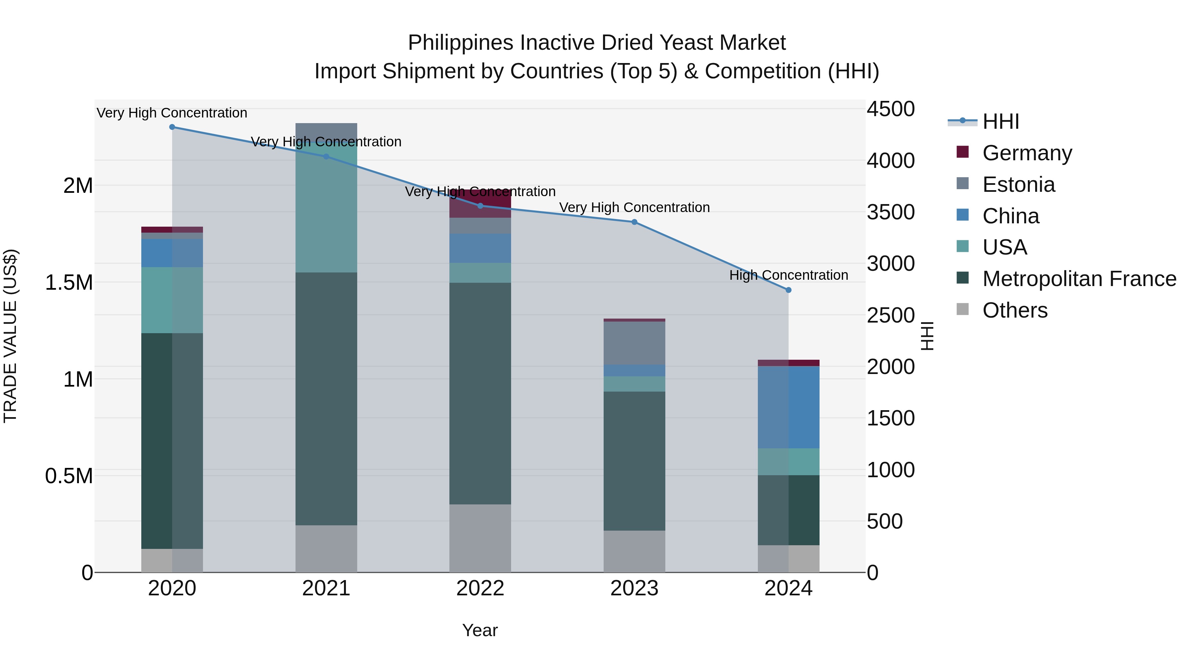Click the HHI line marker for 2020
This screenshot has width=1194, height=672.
[x=172, y=127]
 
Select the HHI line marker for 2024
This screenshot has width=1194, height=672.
[x=788, y=290]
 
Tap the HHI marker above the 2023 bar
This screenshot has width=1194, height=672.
[x=634, y=222]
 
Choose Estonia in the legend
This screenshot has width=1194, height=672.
[x=1018, y=185]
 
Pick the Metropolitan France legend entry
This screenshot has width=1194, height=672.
[x=1079, y=279]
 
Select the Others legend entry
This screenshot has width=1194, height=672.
[x=1015, y=310]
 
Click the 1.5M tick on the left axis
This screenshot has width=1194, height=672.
[x=69, y=282]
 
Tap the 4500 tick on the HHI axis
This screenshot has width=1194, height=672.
[x=891, y=110]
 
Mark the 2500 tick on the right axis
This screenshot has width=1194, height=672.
[x=891, y=315]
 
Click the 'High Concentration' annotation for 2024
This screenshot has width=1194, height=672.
[x=788, y=275]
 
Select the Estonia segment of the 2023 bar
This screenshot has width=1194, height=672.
[x=634, y=343]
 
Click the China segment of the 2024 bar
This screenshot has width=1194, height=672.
[x=788, y=407]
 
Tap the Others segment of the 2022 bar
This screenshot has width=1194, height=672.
[x=480, y=538]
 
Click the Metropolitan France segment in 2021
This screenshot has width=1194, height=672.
[x=326, y=399]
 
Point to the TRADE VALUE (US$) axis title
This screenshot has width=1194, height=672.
[x=10, y=336]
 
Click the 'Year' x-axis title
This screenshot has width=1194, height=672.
[x=480, y=630]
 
